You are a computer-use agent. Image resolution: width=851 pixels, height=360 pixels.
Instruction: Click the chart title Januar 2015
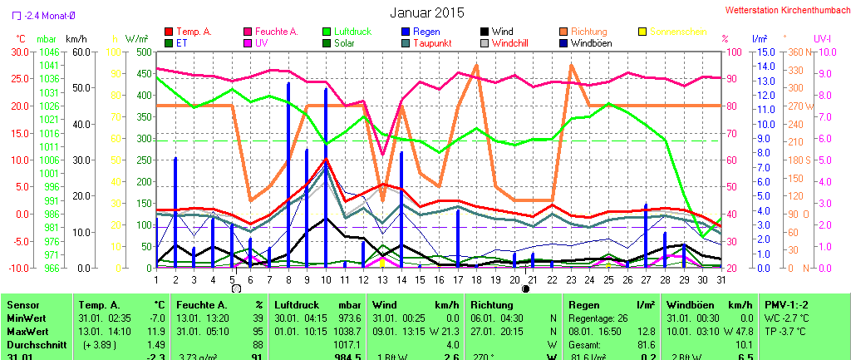pos(427,12)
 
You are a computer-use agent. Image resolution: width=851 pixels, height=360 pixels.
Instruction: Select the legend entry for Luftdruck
pos(348,32)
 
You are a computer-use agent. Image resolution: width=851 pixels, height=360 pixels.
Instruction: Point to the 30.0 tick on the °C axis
pos(18,52)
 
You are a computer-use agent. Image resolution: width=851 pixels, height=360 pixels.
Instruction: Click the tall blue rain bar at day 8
pos(288,175)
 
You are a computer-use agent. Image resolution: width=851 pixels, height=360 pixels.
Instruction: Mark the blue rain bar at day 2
pos(175,212)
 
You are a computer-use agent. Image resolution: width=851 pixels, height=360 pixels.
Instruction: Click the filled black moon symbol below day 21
pos(525,288)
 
